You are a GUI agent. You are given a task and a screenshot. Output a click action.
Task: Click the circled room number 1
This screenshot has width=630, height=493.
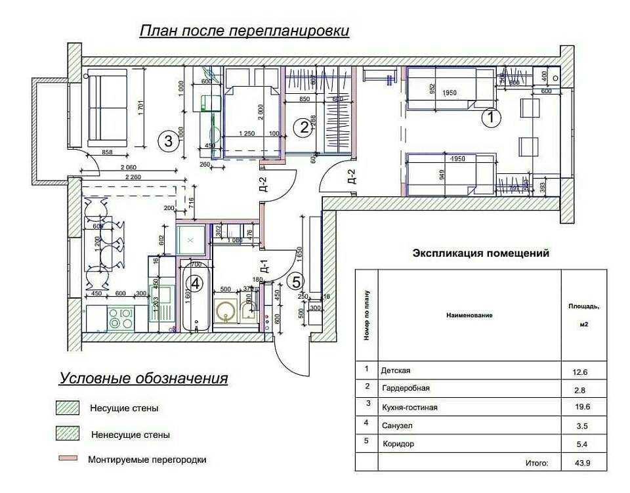(x=491, y=118)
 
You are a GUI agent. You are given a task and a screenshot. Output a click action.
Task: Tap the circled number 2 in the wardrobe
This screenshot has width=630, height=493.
(x=303, y=127)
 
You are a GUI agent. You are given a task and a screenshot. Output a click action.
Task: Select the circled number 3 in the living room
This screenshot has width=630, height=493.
(x=169, y=140)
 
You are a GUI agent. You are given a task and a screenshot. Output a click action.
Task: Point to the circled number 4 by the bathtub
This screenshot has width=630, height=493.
(x=196, y=283)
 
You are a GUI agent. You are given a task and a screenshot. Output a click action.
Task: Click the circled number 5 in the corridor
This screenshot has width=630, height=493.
(x=296, y=282)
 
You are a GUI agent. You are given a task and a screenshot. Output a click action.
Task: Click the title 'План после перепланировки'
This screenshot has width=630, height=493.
(x=243, y=31)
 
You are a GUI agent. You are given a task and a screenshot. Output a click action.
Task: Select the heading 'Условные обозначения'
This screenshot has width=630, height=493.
(x=144, y=379)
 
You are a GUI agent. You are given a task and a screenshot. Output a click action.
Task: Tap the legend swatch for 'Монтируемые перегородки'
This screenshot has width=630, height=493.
(x=68, y=459)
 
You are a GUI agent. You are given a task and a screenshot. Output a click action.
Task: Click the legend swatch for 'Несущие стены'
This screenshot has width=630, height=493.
(x=68, y=408)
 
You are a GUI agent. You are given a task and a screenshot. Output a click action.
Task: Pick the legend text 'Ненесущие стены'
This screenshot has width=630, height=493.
(x=130, y=435)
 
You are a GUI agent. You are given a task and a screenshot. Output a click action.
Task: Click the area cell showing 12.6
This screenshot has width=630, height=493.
(x=579, y=372)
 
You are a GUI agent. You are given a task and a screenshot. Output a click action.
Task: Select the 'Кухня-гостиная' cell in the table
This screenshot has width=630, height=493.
(x=409, y=408)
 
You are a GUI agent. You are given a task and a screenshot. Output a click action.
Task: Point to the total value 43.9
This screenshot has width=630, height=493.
(x=579, y=462)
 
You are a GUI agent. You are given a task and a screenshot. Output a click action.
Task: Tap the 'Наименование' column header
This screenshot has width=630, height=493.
(x=469, y=315)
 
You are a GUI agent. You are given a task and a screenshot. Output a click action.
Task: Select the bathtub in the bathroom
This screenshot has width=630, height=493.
(x=196, y=297)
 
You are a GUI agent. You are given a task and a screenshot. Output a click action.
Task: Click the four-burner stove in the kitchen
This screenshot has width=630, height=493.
(x=120, y=318)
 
